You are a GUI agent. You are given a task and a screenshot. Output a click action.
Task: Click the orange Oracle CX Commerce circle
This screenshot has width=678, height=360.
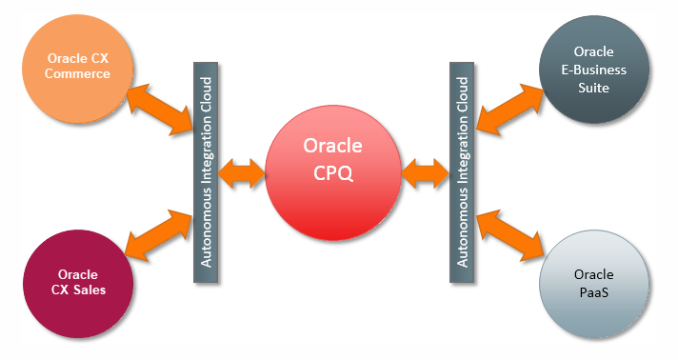78,69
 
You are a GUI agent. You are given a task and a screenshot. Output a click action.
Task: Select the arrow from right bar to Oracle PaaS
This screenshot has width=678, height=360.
509,233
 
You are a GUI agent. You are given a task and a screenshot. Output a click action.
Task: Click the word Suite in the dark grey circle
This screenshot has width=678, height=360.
594,88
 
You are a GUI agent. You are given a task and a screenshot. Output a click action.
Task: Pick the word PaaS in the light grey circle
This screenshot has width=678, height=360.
594,291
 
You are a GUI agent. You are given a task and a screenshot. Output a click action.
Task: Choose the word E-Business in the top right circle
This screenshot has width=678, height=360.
594,70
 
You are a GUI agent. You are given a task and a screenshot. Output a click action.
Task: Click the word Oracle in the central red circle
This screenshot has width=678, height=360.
330,146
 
